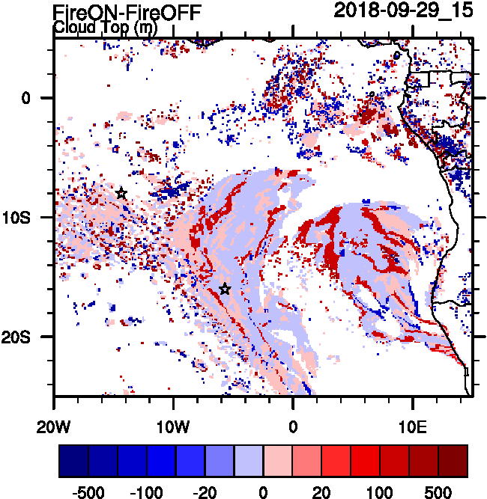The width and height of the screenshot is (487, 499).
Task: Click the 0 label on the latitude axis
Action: [25, 98]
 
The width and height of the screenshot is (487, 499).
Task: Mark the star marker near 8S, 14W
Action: [121, 193]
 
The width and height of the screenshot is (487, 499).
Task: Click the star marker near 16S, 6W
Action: [225, 289]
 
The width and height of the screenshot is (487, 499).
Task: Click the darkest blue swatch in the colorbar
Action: [73, 460]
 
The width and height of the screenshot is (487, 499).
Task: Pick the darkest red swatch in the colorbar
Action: [453, 460]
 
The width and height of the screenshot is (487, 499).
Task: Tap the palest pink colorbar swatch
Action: [278, 460]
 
